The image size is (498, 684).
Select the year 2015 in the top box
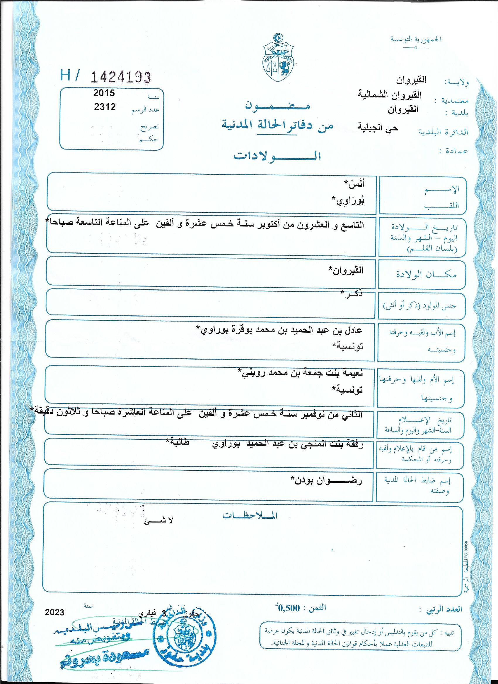tap(104, 93)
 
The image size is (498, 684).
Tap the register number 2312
tap(105, 107)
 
